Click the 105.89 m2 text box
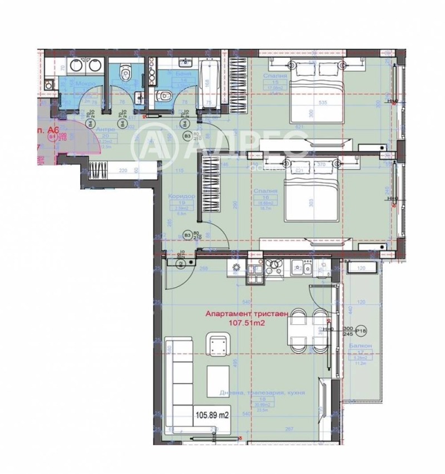coord(212,414)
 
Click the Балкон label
coord(357,345)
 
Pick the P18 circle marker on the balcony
coord(362,332)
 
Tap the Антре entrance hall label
coord(106,130)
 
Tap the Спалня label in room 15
coord(277,76)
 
